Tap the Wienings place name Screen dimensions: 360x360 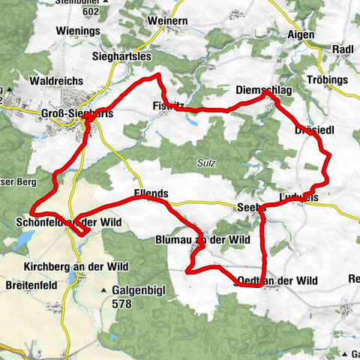pyautogui.click(x=78, y=31)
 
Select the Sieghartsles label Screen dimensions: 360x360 pyautogui.click(x=121, y=55)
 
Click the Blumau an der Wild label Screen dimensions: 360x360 pyautogui.click(x=202, y=239)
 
